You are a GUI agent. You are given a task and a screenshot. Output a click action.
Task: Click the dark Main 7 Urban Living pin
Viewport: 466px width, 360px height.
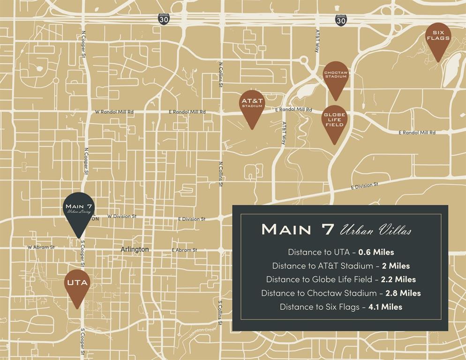(x=79, y=209)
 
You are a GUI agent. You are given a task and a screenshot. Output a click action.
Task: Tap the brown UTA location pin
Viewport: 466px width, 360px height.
(x=77, y=284)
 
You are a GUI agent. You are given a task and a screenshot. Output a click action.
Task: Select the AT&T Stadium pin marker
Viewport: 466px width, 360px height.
(x=252, y=104)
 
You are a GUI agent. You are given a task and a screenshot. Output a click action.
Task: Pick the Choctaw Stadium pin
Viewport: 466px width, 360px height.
(x=336, y=75)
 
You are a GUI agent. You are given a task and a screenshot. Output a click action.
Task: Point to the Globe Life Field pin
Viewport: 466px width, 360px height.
(x=334, y=120)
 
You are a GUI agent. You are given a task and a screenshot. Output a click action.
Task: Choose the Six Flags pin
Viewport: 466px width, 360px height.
(x=438, y=37)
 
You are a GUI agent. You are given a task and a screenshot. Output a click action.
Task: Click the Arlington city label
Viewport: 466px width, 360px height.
(x=135, y=249)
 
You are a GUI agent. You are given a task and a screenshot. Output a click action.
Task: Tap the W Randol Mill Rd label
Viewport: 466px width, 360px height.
(x=114, y=112)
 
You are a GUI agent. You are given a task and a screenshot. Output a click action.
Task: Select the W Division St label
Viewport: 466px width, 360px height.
(x=121, y=217)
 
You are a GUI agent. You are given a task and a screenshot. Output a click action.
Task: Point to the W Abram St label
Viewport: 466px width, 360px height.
(x=41, y=247)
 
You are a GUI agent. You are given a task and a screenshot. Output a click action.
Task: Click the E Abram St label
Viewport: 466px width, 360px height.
(x=184, y=250)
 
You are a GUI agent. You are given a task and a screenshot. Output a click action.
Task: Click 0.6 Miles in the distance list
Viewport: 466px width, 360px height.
(x=376, y=252)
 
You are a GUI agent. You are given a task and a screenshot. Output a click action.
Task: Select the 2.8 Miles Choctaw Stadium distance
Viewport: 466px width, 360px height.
(x=403, y=293)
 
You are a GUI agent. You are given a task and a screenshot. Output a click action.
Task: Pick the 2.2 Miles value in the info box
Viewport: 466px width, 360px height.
(x=398, y=279)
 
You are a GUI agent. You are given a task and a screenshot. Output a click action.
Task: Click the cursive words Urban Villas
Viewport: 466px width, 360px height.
(x=376, y=230)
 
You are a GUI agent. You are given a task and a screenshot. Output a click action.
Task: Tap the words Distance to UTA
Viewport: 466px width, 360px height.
(x=321, y=252)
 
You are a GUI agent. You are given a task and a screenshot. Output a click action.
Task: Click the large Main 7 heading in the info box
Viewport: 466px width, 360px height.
(x=298, y=229)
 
